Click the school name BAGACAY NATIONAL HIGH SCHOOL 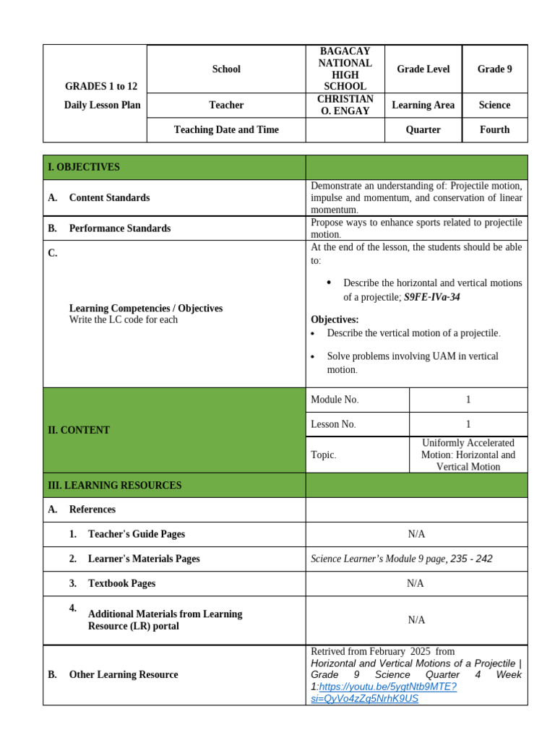pyautogui.click(x=345, y=69)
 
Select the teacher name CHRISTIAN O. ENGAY pyautogui.click(x=345, y=105)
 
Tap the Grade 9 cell pyautogui.click(x=494, y=69)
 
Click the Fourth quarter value pyautogui.click(x=494, y=130)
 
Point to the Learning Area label pyautogui.click(x=423, y=105)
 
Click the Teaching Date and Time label pyautogui.click(x=226, y=130)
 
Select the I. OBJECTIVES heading pyautogui.click(x=84, y=167)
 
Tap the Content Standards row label pyautogui.click(x=109, y=197)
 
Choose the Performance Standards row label pyautogui.click(x=120, y=228)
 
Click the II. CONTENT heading pyautogui.click(x=79, y=430)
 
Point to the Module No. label pyautogui.click(x=335, y=400)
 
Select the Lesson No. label pyautogui.click(x=333, y=424)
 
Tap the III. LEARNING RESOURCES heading pyautogui.click(x=114, y=486)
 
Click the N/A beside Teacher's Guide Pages pyautogui.click(x=416, y=534)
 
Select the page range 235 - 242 pyautogui.click(x=472, y=559)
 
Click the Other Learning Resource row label pyautogui.click(x=123, y=675)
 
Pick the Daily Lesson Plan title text pyautogui.click(x=102, y=105)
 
